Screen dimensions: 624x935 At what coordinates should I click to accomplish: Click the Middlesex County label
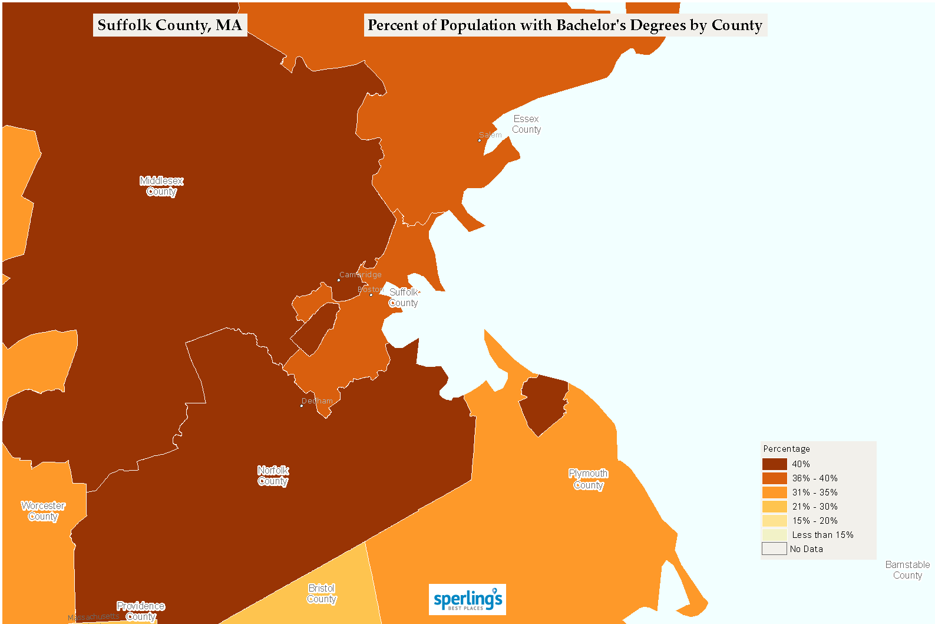pos(161,186)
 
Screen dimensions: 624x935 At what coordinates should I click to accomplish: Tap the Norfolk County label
pos(273,475)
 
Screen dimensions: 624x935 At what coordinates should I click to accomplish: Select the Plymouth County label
pos(588,479)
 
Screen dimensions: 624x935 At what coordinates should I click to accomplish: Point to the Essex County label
pos(526,124)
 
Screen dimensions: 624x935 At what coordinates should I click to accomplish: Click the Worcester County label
pos(43,511)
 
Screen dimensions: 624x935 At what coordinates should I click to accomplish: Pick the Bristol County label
pos(322,593)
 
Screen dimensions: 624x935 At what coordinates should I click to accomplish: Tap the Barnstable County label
pos(907,570)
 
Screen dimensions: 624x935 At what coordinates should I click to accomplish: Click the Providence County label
pos(141,611)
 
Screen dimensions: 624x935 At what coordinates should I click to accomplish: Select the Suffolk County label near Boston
pos(404,297)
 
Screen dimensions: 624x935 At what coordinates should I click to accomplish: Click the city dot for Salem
pos(480,140)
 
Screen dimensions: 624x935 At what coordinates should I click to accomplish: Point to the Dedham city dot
pos(302,406)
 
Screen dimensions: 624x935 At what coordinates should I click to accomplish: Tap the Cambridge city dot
pos(339,280)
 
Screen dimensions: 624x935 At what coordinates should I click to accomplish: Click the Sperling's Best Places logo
pos(467,599)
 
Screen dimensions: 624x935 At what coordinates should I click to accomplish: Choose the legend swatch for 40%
pos(774,464)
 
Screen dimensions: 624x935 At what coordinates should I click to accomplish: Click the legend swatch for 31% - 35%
pos(774,492)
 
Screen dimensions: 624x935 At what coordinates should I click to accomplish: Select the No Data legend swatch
pos(774,549)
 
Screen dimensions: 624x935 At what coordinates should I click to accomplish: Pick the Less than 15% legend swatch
pos(774,535)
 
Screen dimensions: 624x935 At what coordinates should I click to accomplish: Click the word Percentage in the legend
pos(787,449)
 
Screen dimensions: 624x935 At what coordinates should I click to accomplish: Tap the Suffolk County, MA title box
pos(170,25)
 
